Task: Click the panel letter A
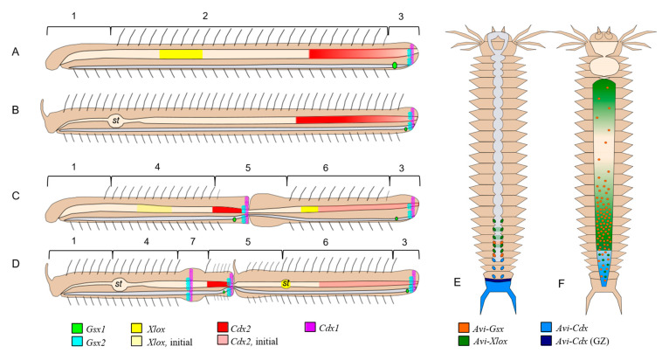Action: pyautogui.click(x=16, y=52)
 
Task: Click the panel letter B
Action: pyautogui.click(x=16, y=112)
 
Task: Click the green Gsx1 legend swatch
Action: pyautogui.click(x=77, y=328)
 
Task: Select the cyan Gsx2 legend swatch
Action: pyautogui.click(x=77, y=342)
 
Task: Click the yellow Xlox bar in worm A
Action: pyautogui.click(x=180, y=54)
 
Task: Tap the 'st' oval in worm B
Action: pyautogui.click(x=115, y=121)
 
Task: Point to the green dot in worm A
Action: pyautogui.click(x=396, y=66)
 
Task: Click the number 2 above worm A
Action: pyautogui.click(x=203, y=17)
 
